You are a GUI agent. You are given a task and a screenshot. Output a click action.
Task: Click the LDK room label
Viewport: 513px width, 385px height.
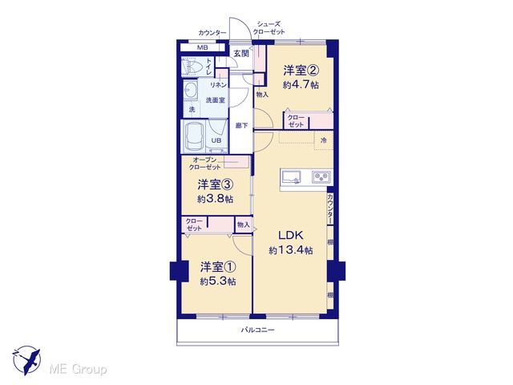click(x=290, y=235)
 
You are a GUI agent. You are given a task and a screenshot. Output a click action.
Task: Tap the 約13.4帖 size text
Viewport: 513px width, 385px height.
click(x=290, y=251)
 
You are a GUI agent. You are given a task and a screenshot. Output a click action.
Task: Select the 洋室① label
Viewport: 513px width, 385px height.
click(x=218, y=267)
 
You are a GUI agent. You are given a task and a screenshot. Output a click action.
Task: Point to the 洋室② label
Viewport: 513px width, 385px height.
click(x=301, y=70)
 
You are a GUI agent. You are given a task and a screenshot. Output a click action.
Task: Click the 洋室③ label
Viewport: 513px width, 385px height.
click(x=216, y=184)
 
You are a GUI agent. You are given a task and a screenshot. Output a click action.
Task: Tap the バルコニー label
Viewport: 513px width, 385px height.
click(x=258, y=330)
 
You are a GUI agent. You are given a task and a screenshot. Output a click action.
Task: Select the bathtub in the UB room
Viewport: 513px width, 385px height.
click(x=193, y=136)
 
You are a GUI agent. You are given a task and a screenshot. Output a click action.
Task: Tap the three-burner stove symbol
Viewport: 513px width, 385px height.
click(x=321, y=177)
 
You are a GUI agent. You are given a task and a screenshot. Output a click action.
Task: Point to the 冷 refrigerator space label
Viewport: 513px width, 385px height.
click(x=323, y=140)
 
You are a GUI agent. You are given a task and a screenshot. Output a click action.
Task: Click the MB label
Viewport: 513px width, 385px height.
click(x=203, y=48)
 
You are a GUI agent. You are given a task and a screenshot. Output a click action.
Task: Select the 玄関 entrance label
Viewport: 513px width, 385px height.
click(x=241, y=54)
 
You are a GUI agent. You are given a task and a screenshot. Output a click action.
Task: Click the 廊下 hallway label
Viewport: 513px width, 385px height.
click(x=241, y=125)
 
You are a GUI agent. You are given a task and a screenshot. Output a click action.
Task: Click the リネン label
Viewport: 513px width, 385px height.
click(x=218, y=85)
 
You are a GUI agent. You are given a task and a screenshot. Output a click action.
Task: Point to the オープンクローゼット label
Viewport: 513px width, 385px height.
click(x=204, y=164)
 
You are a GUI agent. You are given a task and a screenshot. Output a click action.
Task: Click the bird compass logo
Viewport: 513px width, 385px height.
click(x=26, y=360)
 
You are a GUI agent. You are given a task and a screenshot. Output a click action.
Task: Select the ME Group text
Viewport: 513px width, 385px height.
click(x=78, y=370)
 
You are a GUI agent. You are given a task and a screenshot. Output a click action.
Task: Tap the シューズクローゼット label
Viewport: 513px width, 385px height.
click(x=269, y=28)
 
